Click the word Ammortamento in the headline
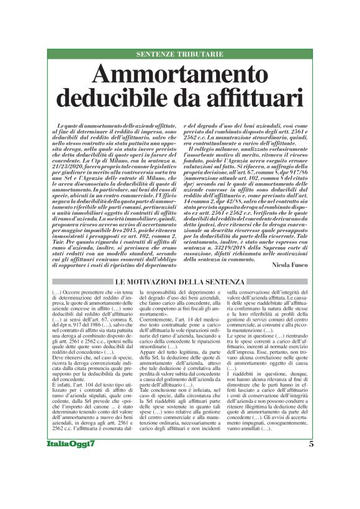180,76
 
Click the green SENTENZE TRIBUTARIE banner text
180,55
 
